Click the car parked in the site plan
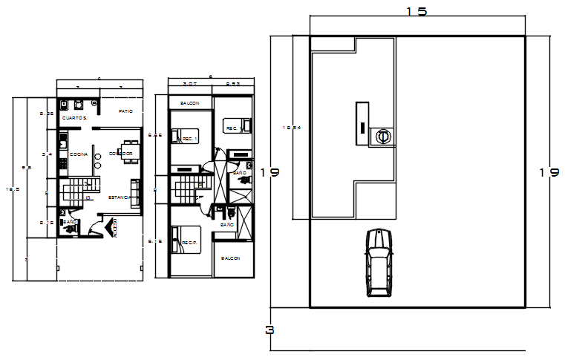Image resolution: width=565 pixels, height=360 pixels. [379, 263]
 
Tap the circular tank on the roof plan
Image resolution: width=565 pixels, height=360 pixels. [383, 137]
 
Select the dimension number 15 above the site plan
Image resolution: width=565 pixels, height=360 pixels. [417, 13]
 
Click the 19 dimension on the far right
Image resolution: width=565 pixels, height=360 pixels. [549, 172]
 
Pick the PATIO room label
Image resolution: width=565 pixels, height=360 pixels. [125, 111]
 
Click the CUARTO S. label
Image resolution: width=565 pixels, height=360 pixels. [75, 118]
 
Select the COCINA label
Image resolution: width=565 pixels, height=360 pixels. [79, 154]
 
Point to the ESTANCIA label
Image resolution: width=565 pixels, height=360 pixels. [120, 197]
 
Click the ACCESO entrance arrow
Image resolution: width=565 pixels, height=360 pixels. [114, 228]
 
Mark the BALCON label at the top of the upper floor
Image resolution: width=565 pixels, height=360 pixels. [189, 102]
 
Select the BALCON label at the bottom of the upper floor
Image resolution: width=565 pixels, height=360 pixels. [230, 258]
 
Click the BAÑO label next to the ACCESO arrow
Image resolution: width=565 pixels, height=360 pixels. [70, 221]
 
